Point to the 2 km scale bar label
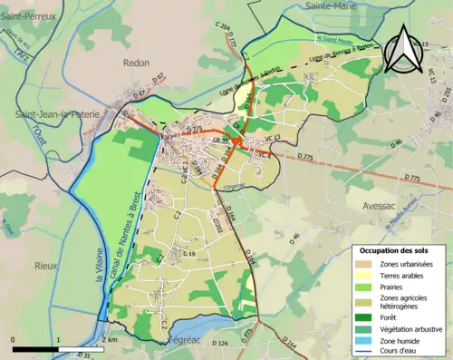[x=110, y=338]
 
